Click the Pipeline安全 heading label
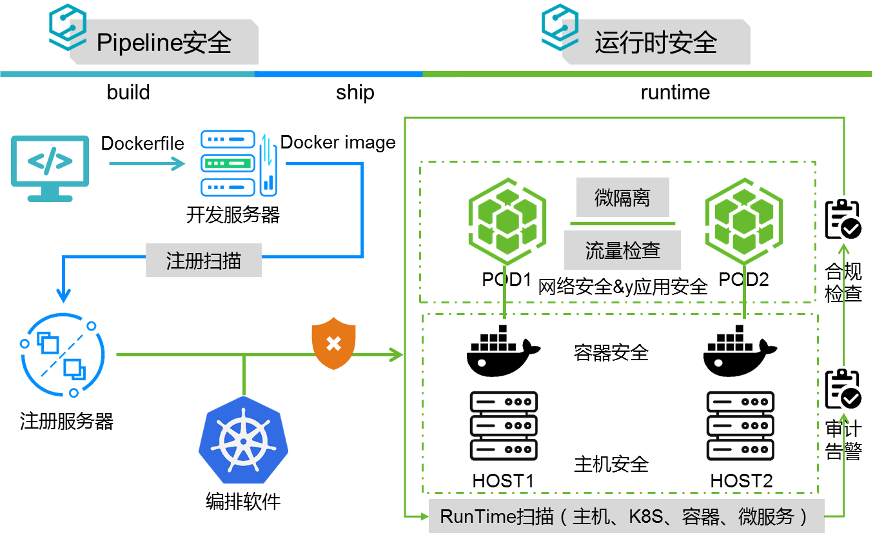pos(164,43)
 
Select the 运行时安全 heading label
pos(656,43)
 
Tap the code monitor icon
pos(50,167)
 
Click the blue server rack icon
pos(239,163)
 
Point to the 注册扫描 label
pos(204,260)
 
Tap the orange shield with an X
pos(333,343)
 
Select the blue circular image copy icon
pos(63,355)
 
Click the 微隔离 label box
pos(622,198)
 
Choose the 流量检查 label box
pos(622,250)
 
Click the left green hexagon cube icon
pos(507,220)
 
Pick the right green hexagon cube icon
pos(743,220)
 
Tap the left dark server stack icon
pos(504,425)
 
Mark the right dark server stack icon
pos(740,425)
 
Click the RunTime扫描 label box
pos(626,516)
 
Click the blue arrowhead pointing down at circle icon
pos(63,295)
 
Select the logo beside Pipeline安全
pos(68,27)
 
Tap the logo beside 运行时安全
pos(560,27)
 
